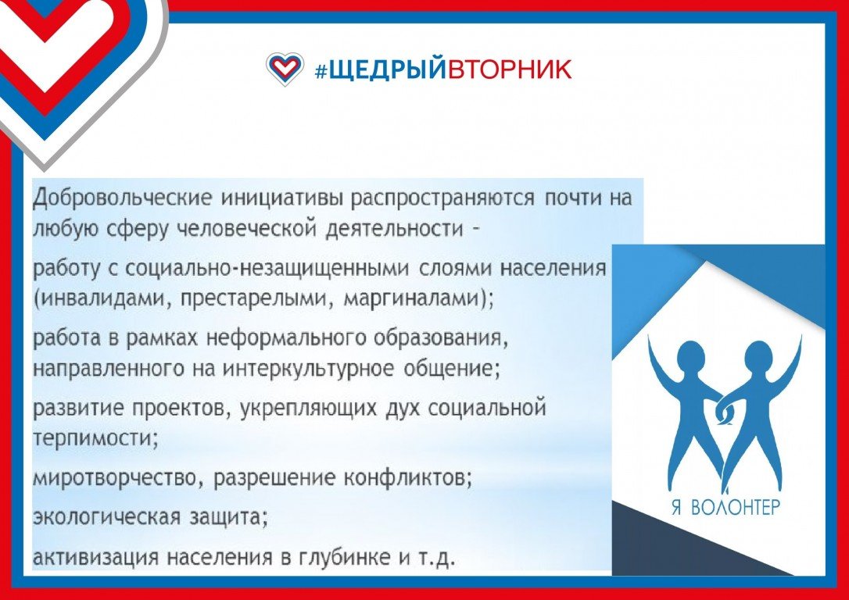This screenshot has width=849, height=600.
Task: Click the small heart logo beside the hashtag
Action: [285, 69]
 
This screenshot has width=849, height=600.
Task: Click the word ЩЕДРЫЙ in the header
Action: [387, 70]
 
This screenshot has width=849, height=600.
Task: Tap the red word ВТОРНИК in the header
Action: [509, 70]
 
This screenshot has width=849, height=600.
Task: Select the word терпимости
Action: [92, 438]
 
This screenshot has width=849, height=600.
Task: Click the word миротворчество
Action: [113, 479]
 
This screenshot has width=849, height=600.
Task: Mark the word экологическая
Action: [106, 517]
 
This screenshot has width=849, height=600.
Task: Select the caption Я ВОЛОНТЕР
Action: [725, 508]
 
